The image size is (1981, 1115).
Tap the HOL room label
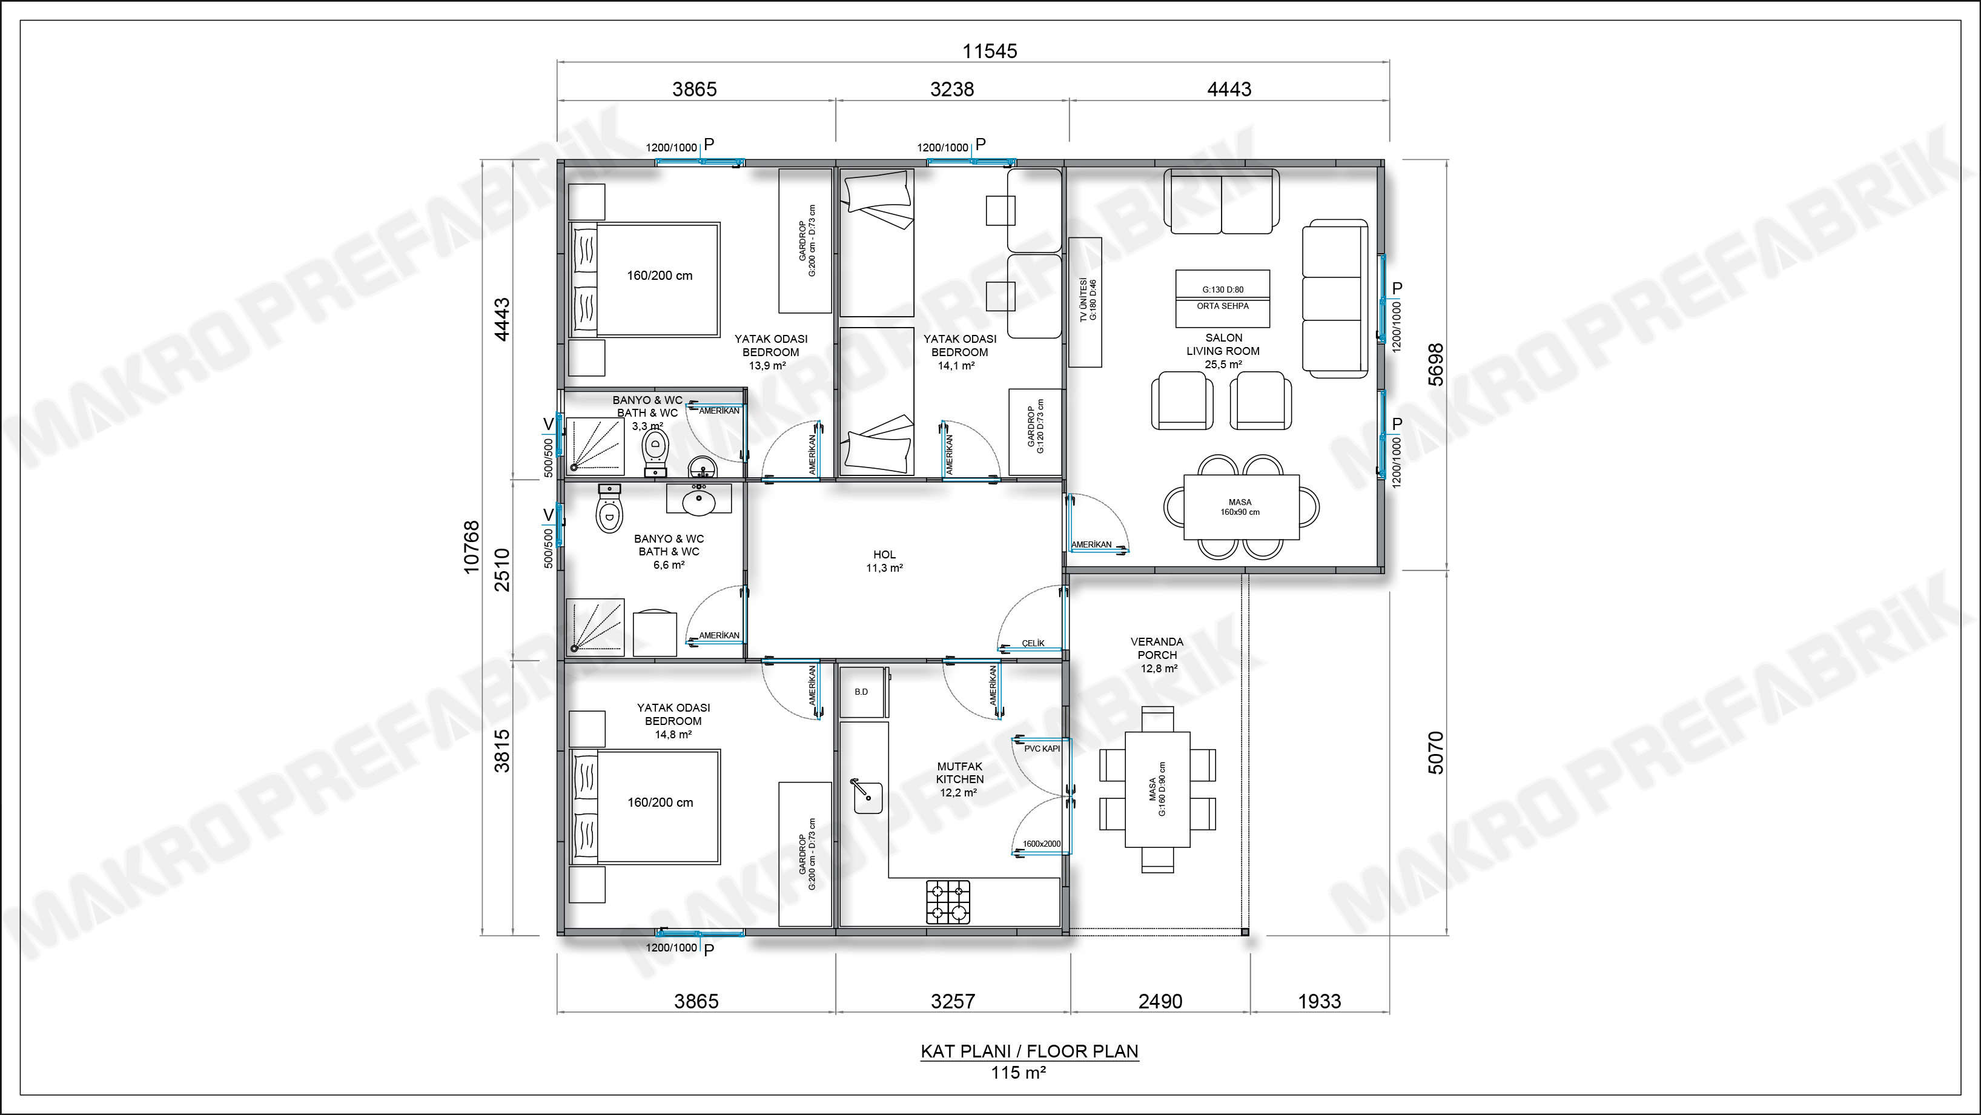click(884, 554)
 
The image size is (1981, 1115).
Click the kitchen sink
click(870, 795)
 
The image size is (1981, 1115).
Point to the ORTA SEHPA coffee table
click(1223, 299)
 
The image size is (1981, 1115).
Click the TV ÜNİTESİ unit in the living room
click(1085, 302)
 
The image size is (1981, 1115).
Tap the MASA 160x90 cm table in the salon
click(1240, 508)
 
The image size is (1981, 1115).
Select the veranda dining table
click(1157, 790)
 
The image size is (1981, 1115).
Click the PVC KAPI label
click(1042, 748)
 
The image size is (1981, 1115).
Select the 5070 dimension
click(1435, 753)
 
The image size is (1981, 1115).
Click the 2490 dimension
click(1160, 1001)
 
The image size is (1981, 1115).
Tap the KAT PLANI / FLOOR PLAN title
click(1030, 1051)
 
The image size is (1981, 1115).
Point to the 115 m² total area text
click(1018, 1072)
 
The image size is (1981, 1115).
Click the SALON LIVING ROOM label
click(1223, 345)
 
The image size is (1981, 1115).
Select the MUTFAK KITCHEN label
click(960, 773)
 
